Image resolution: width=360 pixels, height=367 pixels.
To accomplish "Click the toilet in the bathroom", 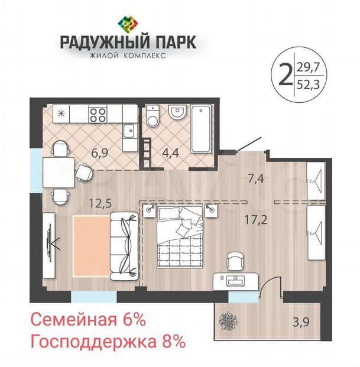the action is point(153,116).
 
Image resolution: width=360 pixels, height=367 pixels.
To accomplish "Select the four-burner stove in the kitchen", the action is point(98,114).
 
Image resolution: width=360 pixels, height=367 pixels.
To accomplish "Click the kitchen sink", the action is point(129,131).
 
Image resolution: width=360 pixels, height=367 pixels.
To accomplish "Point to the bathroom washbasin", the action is point(177,112).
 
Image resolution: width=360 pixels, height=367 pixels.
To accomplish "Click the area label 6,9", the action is point(99,153).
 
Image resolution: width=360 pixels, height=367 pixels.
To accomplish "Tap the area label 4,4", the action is point(171,153).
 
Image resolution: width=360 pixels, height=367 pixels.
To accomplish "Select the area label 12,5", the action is point(100,203).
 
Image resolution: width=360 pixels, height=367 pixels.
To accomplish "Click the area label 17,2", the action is point(255,220).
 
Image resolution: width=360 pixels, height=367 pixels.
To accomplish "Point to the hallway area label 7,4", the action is point(256,179).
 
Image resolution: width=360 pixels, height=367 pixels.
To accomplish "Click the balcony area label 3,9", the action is point(301,322).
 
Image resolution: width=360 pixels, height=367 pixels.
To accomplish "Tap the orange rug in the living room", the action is point(91,246).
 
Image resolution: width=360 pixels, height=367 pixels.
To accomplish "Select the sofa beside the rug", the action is point(124,246).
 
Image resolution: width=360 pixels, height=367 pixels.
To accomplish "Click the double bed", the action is point(180,236).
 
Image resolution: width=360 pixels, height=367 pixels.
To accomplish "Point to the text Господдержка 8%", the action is point(108,342).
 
